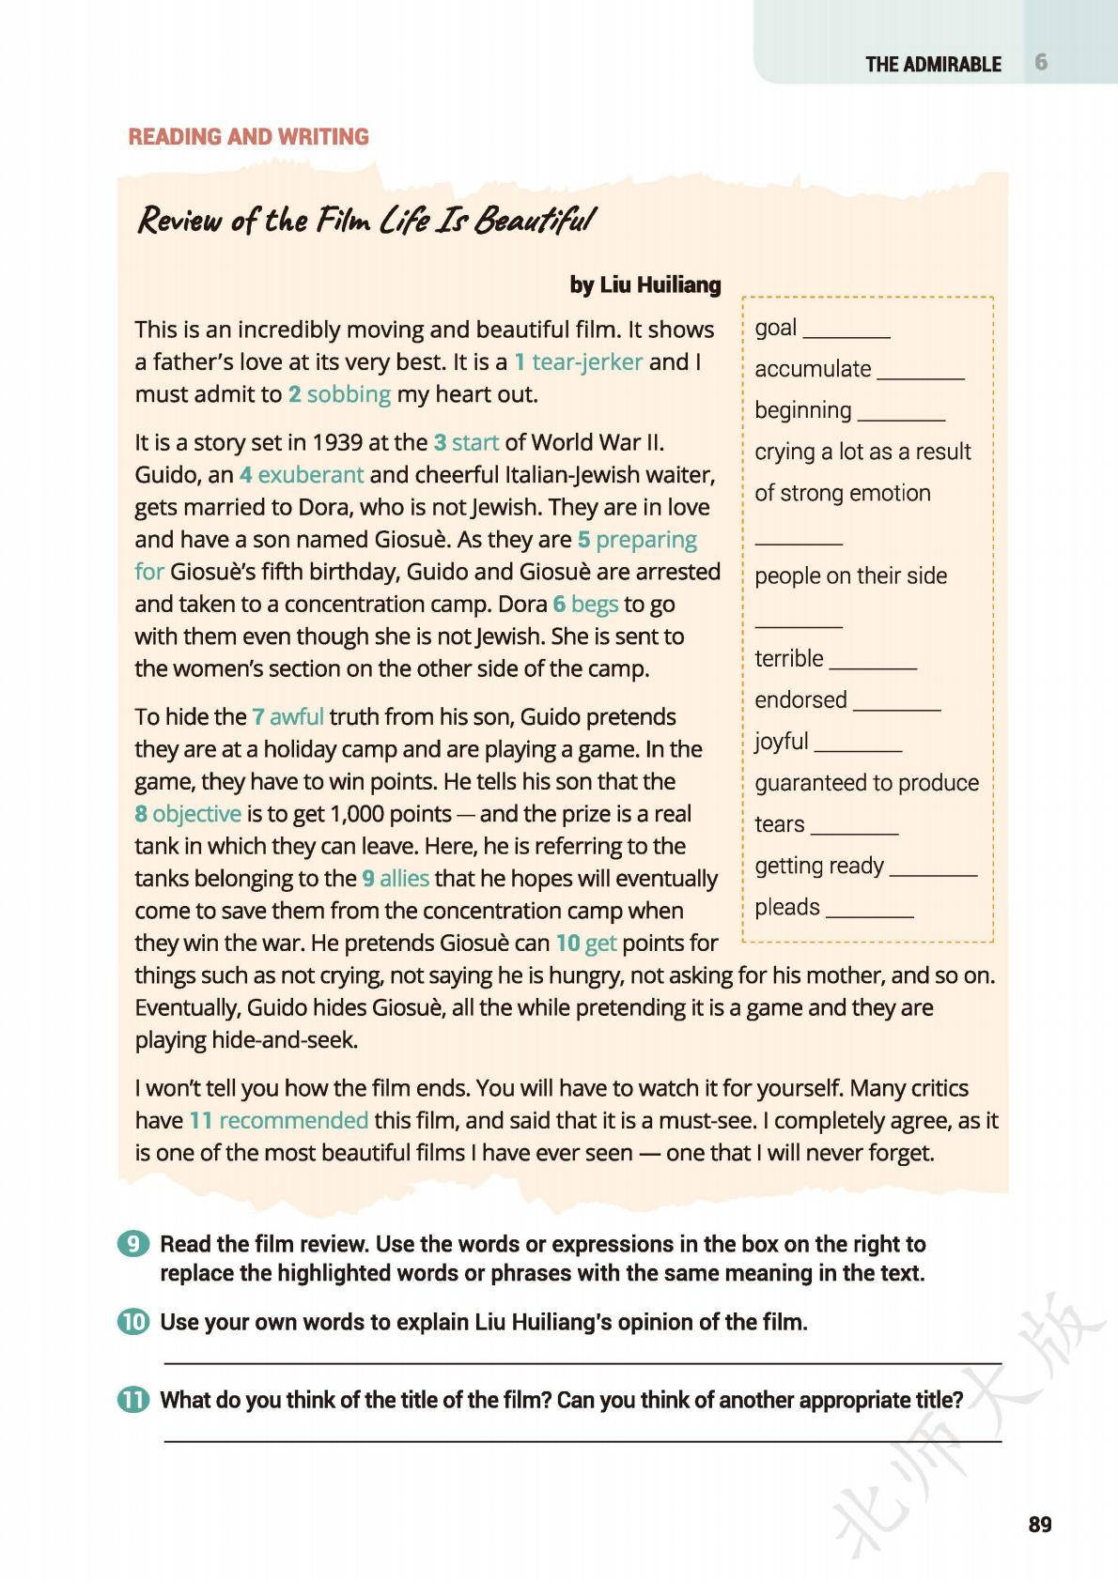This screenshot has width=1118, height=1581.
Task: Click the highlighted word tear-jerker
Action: tap(587, 362)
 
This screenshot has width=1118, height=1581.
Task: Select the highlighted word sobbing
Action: tap(349, 394)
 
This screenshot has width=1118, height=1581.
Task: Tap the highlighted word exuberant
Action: tap(310, 475)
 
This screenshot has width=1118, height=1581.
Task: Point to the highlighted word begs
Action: tap(595, 604)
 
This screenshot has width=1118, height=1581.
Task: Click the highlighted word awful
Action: tap(297, 717)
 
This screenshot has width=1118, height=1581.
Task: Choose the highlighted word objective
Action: tap(196, 814)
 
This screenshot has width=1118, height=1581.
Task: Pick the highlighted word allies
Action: tap(404, 879)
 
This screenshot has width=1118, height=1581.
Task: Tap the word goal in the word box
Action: tap(776, 328)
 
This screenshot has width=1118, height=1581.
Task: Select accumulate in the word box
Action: tap(813, 369)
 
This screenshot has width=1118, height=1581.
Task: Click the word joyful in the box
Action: tap(782, 742)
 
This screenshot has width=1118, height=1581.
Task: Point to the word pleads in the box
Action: tap(787, 907)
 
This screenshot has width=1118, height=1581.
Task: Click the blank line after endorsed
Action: tap(897, 709)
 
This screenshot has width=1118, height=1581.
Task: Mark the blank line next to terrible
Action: tap(873, 668)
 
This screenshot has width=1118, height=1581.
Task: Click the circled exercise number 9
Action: tap(133, 1244)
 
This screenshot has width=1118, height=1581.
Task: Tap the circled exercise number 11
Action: tap(133, 1400)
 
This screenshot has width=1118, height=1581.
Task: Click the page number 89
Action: tap(1040, 1524)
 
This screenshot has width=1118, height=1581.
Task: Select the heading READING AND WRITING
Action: tap(249, 137)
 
